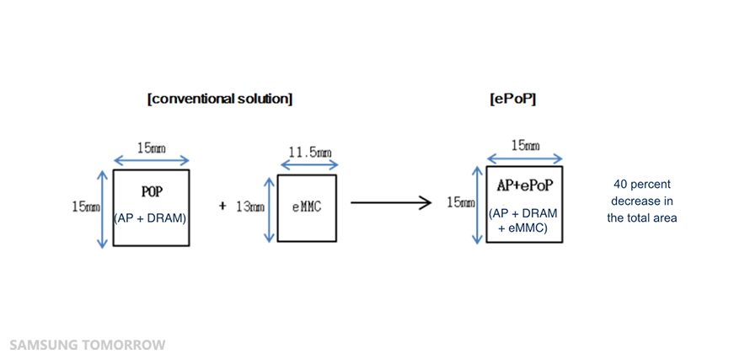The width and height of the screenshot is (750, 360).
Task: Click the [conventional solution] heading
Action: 219,99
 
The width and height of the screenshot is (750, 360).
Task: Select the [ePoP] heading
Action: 512,99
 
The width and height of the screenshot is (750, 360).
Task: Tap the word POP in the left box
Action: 152,192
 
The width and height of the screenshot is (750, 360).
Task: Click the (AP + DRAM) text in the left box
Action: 151,218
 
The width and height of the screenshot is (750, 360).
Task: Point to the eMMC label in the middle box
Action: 307,207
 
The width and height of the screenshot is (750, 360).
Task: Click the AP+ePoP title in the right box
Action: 524,185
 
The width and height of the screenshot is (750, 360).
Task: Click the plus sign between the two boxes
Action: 222,206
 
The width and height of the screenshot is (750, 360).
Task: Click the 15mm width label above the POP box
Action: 152,148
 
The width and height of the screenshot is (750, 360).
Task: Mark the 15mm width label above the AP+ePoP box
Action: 525,146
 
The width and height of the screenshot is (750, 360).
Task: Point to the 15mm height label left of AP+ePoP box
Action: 459,202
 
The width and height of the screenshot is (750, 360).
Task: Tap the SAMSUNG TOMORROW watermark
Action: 88,345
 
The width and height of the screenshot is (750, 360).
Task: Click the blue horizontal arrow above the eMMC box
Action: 307,167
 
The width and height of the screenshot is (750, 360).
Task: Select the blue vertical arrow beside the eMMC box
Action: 270,208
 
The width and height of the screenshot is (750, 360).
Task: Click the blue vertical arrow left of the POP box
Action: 103,209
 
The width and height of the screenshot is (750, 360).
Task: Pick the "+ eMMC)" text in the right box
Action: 523,227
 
